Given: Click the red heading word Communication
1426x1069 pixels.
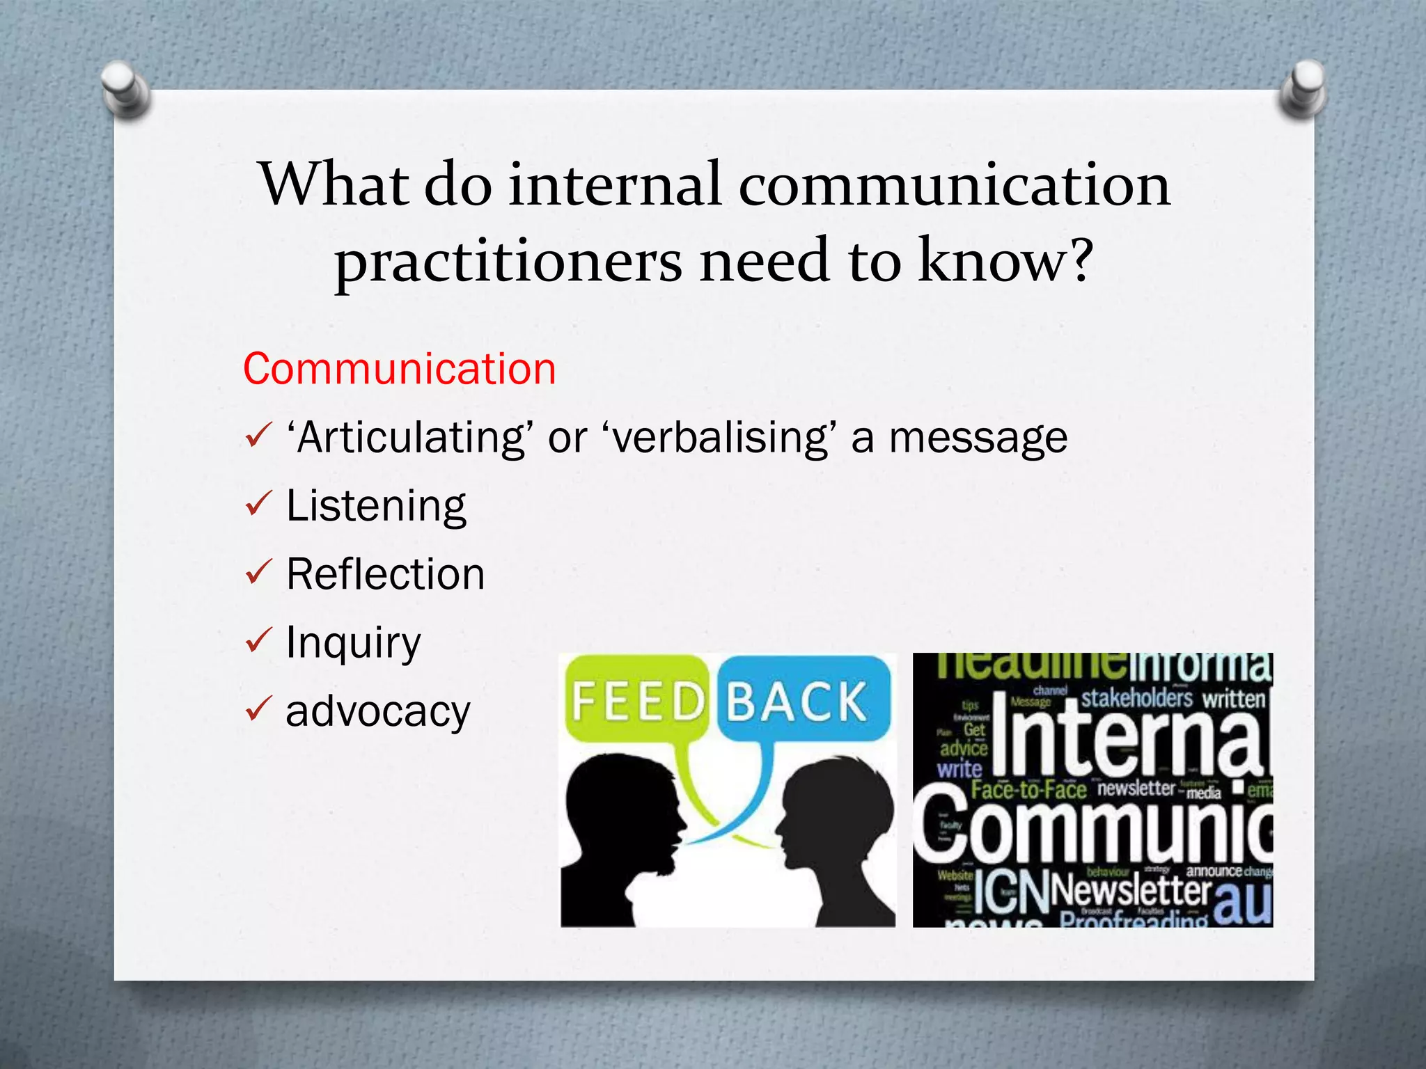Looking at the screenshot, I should [399, 369].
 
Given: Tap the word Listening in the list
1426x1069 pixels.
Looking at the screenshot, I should [376, 506].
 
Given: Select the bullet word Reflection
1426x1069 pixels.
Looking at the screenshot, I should [385, 574].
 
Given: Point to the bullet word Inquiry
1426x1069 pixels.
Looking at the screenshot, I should [353, 642].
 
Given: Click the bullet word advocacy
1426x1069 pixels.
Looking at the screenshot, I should [378, 711].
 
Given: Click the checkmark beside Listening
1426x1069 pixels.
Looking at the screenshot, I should [258, 504].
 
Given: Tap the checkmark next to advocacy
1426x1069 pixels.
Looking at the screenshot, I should [258, 709].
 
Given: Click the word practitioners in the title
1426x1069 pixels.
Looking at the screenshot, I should [508, 261].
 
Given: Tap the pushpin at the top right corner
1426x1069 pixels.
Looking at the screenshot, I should [1303, 87].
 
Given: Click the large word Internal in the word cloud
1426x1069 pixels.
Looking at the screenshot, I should [1128, 738].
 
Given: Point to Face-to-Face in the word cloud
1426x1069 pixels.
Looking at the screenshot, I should [1028, 790].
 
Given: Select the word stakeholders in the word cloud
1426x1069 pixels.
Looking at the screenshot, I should [1136, 698].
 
